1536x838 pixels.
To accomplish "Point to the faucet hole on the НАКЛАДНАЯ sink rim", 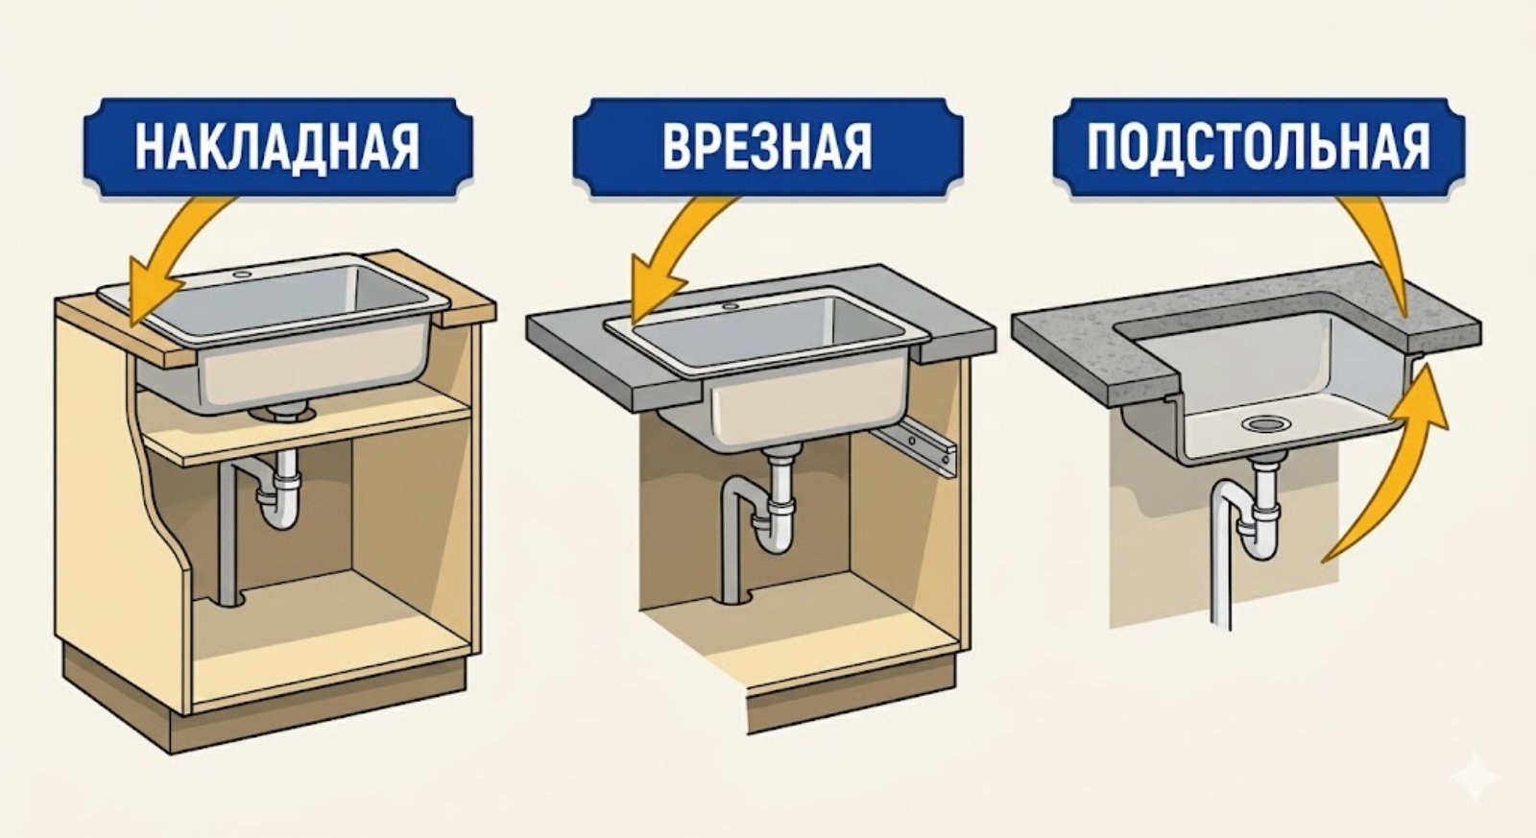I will (241, 275).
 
